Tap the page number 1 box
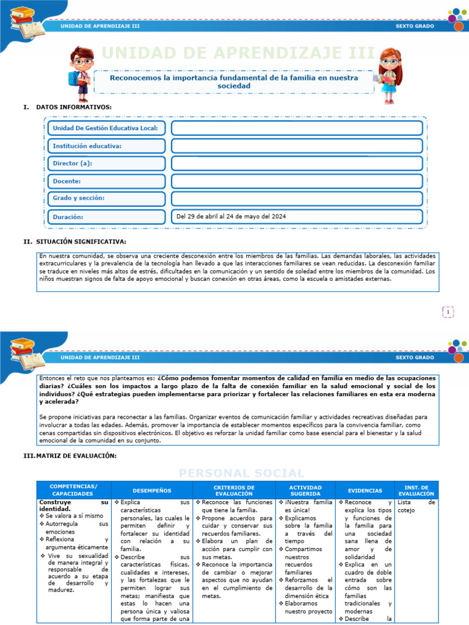(448, 312)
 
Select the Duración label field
(107, 217)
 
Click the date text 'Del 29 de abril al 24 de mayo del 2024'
(231, 217)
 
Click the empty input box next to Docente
(297, 181)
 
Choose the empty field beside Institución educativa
(297, 146)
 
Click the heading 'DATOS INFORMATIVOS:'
(73, 107)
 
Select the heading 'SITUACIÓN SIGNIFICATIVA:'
(81, 242)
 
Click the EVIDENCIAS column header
(365, 490)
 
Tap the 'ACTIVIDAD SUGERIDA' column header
(305, 490)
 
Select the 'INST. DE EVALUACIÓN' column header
(416, 490)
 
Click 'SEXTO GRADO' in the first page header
(415, 26)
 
